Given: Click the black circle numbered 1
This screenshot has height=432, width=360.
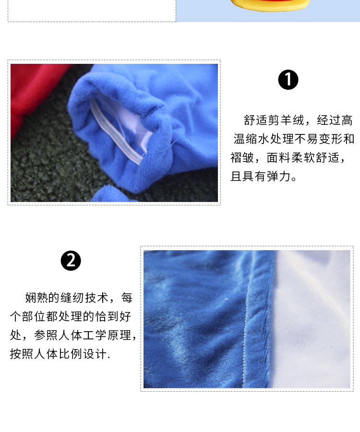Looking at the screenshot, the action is click(x=288, y=80).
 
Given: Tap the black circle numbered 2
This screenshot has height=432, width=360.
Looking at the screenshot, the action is click(x=71, y=260).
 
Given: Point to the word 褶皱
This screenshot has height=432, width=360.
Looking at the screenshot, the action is click(x=242, y=157).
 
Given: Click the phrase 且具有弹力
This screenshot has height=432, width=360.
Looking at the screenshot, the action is click(x=261, y=176).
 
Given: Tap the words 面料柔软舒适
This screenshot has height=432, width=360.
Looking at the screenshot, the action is click(x=303, y=157).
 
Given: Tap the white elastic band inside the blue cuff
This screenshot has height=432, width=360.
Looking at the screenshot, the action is click(x=116, y=132).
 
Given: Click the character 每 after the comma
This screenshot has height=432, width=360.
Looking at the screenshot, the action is click(x=127, y=298).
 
